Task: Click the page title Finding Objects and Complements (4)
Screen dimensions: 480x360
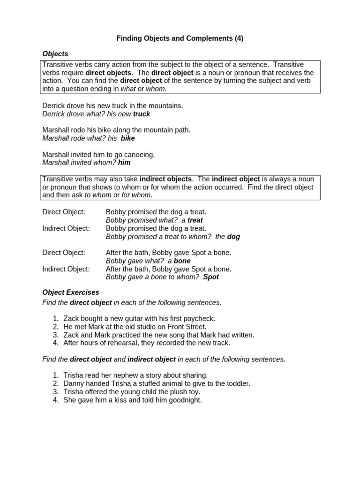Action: click(180, 38)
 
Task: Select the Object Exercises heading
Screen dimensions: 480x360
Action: click(71, 292)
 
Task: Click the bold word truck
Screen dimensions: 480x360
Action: click(142, 114)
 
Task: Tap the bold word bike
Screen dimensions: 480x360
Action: click(127, 138)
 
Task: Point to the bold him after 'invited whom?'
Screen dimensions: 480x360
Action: click(124, 163)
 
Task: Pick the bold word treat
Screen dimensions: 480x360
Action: click(195, 220)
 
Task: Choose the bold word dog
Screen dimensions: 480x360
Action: click(233, 237)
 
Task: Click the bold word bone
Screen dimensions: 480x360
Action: click(182, 261)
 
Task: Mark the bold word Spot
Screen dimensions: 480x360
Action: click(211, 277)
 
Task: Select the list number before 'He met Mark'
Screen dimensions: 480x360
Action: click(55, 327)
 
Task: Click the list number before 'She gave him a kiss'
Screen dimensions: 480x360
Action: click(55, 400)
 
